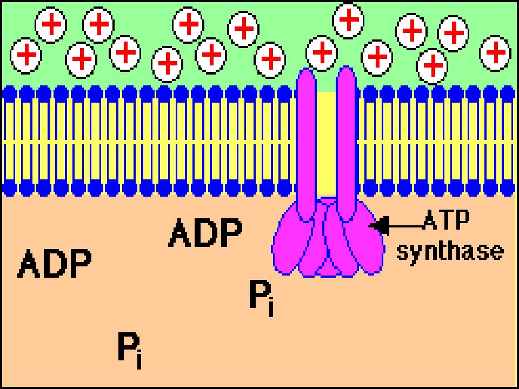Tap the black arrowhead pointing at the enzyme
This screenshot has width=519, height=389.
[378, 226]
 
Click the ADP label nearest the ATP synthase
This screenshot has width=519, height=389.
[205, 232]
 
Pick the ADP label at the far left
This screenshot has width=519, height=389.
[55, 263]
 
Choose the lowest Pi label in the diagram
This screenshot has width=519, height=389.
[130, 351]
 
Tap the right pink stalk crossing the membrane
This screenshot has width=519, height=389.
[346, 143]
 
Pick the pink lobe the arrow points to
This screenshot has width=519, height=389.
[363, 239]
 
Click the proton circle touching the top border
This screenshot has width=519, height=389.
[348, 21]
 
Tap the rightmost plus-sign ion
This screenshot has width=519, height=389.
[495, 53]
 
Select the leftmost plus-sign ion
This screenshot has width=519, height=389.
[26, 55]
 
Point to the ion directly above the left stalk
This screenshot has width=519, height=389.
[322, 52]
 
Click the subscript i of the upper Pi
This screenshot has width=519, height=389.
[271, 308]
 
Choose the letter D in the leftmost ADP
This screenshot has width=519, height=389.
[55, 263]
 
